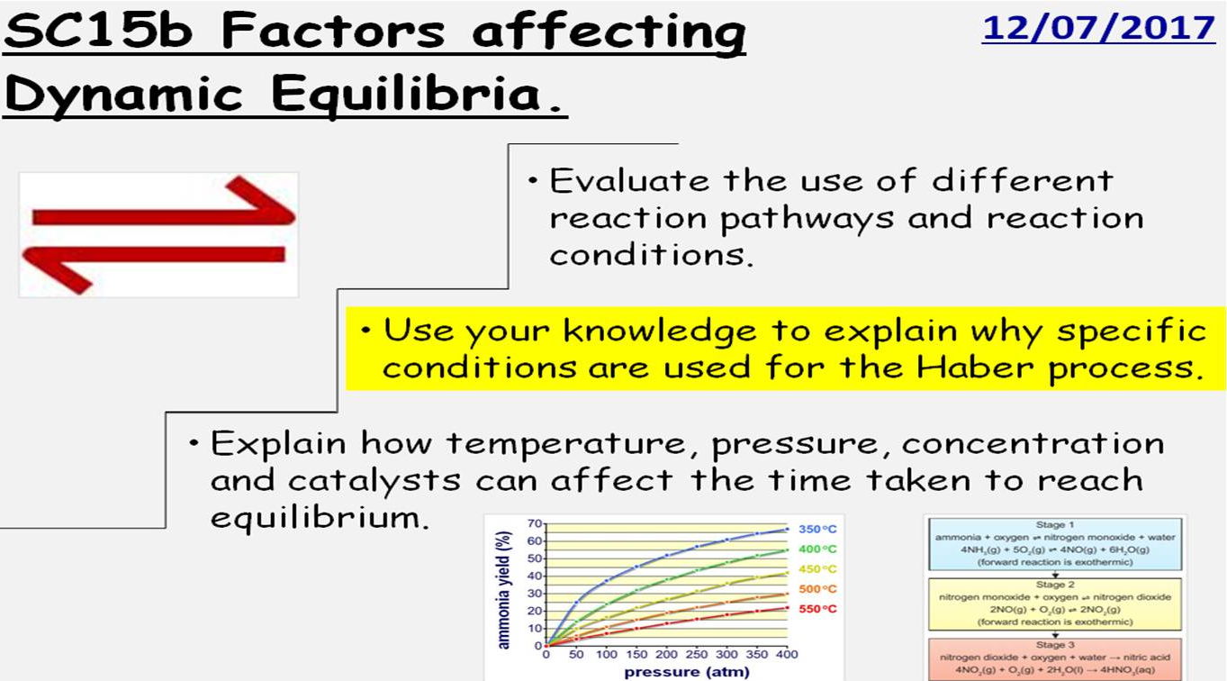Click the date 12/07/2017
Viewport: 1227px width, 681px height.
1098,28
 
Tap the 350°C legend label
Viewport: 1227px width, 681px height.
816,530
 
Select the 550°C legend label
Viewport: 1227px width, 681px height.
816,609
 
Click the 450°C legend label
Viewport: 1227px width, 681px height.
816,569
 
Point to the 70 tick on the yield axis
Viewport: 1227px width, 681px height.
535,523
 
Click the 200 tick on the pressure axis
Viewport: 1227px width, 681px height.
666,655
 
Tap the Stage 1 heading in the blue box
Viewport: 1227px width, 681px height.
1055,524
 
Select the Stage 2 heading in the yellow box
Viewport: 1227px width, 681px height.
1055,585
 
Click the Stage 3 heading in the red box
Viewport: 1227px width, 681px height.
1055,645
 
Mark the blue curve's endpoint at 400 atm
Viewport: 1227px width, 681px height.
786,529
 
